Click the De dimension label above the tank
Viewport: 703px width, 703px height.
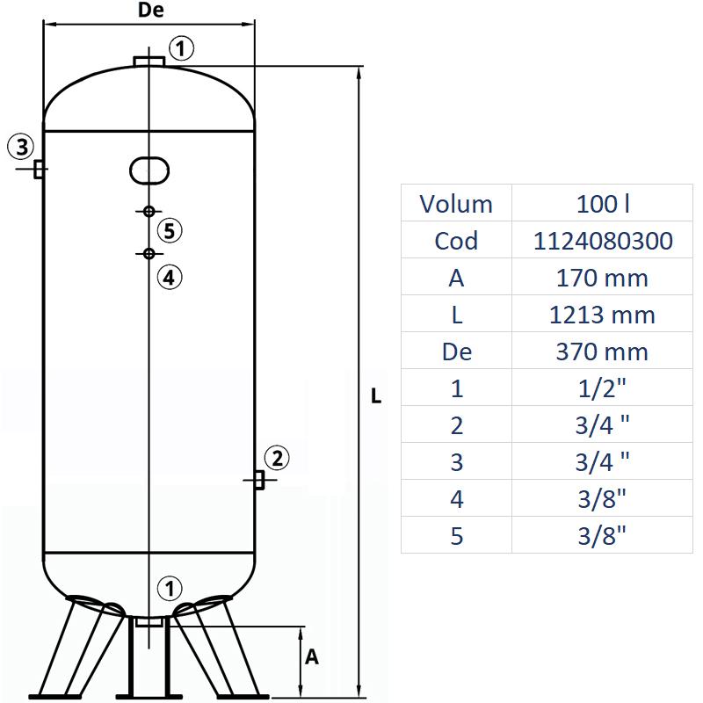click(x=151, y=11)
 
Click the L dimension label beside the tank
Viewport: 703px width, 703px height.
click(x=376, y=396)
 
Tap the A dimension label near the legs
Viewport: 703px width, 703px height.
click(x=311, y=657)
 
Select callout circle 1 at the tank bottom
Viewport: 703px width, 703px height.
click(x=169, y=587)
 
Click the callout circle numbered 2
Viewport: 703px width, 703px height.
click(x=276, y=458)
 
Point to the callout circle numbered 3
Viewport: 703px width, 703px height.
click(x=22, y=145)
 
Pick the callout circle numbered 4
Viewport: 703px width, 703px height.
click(x=170, y=277)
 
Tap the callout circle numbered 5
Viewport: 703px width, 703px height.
click(x=170, y=231)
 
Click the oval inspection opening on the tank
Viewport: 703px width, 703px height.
click(x=149, y=170)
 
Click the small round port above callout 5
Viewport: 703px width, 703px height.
click(x=149, y=211)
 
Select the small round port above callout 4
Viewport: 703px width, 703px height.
click(x=149, y=254)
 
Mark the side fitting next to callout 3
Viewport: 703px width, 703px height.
click(x=39, y=169)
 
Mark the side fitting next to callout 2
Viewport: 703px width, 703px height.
click(x=259, y=480)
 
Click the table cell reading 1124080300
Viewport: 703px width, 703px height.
click(x=603, y=241)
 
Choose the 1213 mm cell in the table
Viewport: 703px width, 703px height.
click(x=603, y=315)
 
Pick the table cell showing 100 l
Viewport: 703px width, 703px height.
click(x=603, y=204)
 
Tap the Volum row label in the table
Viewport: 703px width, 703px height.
click(x=456, y=204)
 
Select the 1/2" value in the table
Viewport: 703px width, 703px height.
click(x=603, y=388)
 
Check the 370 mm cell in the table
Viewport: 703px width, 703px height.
click(x=603, y=351)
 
